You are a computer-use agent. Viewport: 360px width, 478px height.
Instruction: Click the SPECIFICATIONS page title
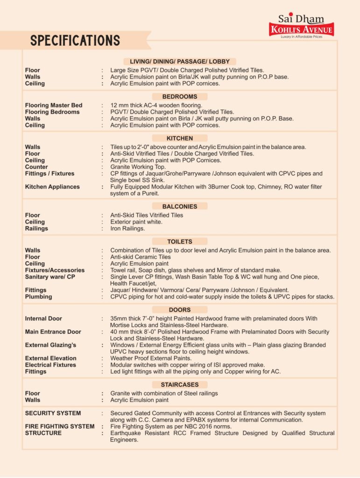(75, 41)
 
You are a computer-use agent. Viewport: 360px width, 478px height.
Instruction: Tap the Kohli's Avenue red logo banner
(302, 30)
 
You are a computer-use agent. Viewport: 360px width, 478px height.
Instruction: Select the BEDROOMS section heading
(180, 97)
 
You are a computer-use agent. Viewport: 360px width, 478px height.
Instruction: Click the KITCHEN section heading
(180, 138)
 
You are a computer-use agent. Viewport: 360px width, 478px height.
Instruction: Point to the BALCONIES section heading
(180, 206)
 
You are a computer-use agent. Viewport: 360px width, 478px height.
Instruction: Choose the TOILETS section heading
(180, 242)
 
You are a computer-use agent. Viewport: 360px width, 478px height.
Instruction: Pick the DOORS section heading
(180, 310)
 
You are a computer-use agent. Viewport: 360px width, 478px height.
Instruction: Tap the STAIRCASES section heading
(180, 385)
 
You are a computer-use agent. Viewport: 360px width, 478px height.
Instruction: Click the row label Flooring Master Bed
(53, 105)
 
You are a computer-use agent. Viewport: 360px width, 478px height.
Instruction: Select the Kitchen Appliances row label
(52, 187)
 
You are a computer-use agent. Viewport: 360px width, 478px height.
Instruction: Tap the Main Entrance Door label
(53, 332)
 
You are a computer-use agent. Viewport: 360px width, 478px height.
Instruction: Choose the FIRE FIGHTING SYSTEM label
(60, 427)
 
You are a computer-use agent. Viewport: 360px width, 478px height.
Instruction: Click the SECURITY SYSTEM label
(53, 413)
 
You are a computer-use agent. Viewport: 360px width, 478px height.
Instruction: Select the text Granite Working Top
(138, 167)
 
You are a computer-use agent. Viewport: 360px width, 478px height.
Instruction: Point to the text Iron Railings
(127, 229)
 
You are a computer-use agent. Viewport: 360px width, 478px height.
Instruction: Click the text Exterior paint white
(136, 222)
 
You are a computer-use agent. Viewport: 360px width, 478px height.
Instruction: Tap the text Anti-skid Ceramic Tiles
(141, 257)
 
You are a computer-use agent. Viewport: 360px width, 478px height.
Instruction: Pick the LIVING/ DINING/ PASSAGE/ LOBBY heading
(180, 62)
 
